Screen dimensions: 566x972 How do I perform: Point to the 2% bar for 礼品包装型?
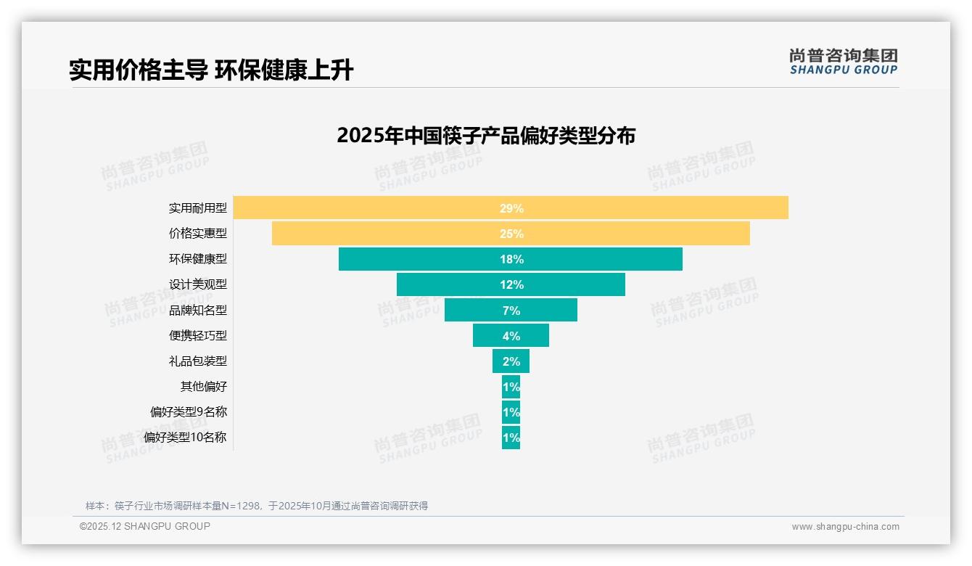(x=511, y=361)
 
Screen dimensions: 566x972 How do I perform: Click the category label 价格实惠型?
(x=197, y=234)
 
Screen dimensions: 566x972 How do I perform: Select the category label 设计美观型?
(x=197, y=284)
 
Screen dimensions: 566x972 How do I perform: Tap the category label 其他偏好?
(x=203, y=387)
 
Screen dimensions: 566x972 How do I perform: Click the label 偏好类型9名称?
(x=188, y=412)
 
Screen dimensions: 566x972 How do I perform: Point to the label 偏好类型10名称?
(x=185, y=438)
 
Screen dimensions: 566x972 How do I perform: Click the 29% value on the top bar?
(x=511, y=208)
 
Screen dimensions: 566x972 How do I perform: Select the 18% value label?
(x=511, y=259)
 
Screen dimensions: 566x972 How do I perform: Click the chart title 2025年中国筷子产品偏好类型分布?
(x=485, y=136)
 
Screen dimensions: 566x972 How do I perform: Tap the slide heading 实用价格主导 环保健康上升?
(x=211, y=70)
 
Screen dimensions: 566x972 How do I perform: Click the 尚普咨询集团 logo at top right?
(x=843, y=62)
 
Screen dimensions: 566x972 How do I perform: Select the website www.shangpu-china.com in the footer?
(x=845, y=527)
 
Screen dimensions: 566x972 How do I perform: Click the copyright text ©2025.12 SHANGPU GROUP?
(x=144, y=526)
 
